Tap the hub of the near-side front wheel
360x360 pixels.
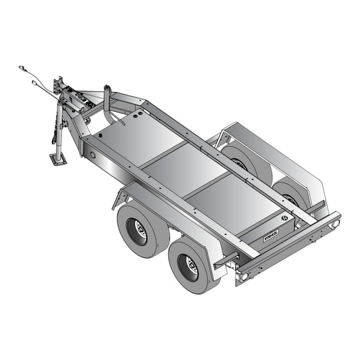click(x=137, y=230)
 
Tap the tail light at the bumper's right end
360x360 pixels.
click(x=335, y=224)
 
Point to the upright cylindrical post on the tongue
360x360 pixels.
click(x=107, y=98)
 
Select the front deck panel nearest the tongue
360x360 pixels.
click(x=138, y=138)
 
